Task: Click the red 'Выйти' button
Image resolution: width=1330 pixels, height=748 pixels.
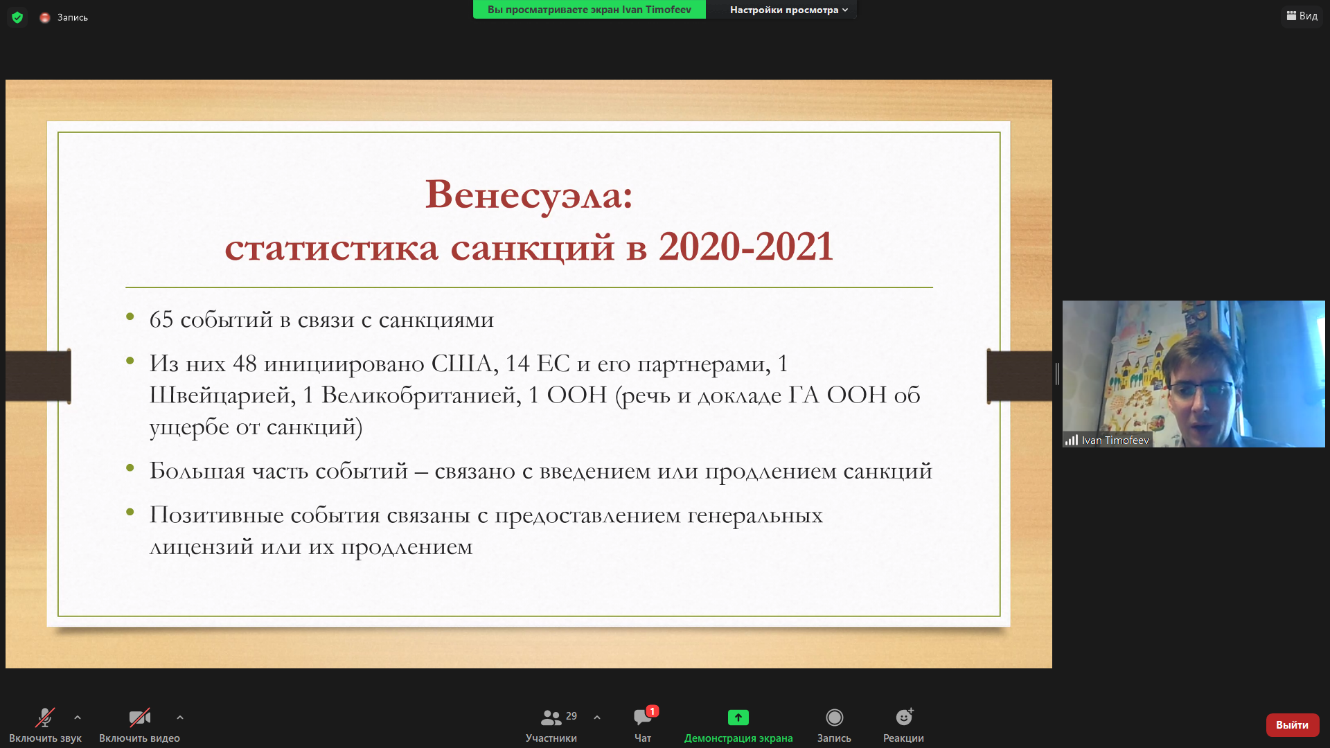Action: pos(1292,724)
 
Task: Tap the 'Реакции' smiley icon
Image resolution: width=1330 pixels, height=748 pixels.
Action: pos(904,717)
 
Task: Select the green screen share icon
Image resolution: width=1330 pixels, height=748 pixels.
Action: pos(738,718)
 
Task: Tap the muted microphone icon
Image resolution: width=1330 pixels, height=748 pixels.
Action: pos(45,718)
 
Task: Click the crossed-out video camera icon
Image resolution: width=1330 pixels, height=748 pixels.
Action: pos(139,718)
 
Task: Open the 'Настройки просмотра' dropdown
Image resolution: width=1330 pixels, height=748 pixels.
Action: pos(788,10)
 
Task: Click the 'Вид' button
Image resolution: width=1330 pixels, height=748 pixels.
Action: pos(1302,16)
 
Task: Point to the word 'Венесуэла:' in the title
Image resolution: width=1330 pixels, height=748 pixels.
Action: pos(529,195)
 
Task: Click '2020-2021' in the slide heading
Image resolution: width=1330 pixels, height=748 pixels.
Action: pos(745,247)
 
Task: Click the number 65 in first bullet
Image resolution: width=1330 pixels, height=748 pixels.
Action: pos(161,319)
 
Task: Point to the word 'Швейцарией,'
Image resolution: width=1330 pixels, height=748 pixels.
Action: pos(222,395)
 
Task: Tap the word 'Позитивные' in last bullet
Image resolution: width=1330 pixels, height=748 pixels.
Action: pos(217,515)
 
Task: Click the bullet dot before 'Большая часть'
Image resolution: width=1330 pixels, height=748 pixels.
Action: pos(130,468)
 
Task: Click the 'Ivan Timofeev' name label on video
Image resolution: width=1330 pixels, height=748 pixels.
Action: pos(1115,440)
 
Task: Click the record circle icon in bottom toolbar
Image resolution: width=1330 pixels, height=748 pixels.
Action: pos(834,718)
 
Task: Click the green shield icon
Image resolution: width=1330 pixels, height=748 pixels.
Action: pos(17,17)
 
